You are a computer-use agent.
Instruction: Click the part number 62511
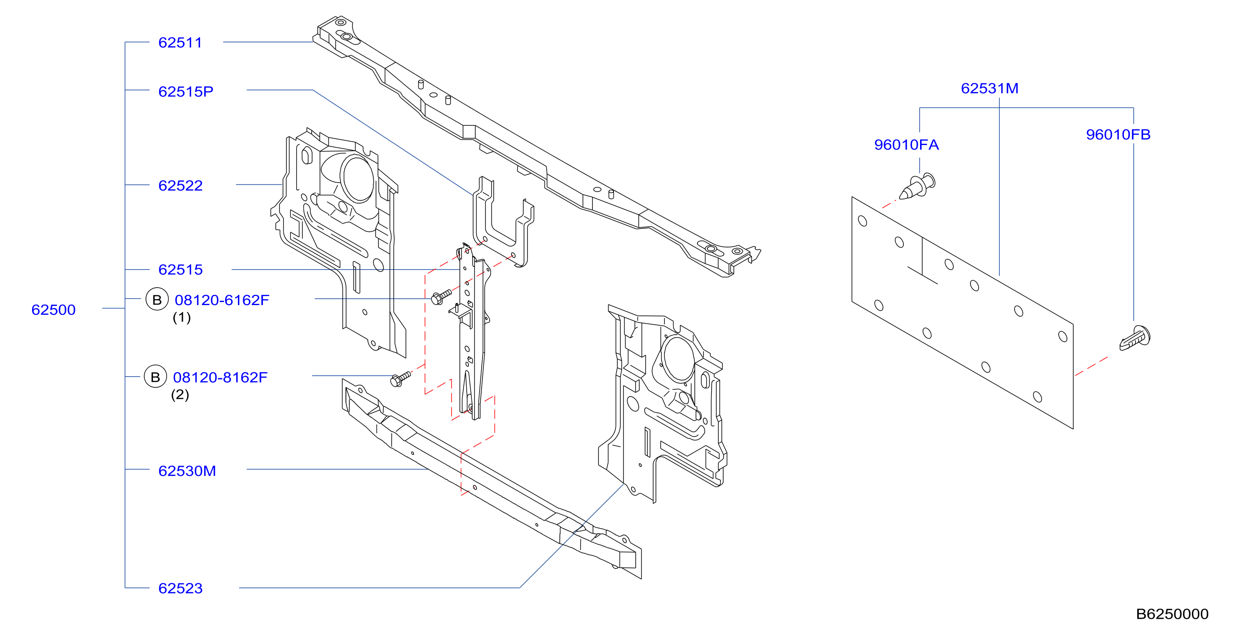pyautogui.click(x=180, y=43)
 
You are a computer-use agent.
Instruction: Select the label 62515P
pyautogui.click(x=186, y=92)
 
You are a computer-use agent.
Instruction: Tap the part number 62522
pyautogui.click(x=181, y=186)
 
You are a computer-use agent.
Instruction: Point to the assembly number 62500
pyautogui.click(x=54, y=310)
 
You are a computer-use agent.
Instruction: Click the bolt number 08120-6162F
pyautogui.click(x=222, y=300)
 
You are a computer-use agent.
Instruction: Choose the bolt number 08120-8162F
pyautogui.click(x=220, y=377)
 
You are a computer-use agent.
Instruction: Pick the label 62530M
pyautogui.click(x=188, y=471)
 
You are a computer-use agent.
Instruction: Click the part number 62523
pyautogui.click(x=181, y=588)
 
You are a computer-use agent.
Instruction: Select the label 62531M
pyautogui.click(x=989, y=88)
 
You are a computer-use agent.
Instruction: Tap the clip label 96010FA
pyautogui.click(x=906, y=145)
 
